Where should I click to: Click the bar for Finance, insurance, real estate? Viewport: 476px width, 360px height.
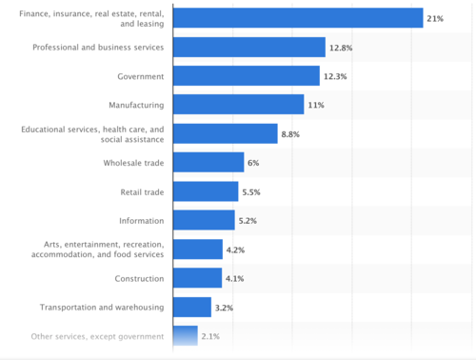coord(298,18)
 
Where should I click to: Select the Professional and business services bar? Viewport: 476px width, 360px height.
coord(249,47)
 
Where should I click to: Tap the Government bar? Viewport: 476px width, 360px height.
coord(247,75)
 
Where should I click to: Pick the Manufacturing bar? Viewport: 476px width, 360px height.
coord(238,104)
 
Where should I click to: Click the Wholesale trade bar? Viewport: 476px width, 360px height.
coord(208,162)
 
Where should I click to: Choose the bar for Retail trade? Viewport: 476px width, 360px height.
coord(206,191)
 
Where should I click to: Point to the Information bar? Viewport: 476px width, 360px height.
coord(204,220)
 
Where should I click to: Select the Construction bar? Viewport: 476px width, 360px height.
coord(197,278)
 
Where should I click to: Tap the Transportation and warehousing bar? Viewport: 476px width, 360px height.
coord(192,307)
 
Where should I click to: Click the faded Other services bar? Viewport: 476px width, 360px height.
coord(186,335)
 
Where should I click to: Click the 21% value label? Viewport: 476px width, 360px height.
coord(435,19)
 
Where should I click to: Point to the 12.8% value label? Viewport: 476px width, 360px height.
coord(341,48)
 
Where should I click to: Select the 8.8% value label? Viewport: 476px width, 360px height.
coord(290,134)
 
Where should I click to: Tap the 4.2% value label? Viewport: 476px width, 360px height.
coord(235,250)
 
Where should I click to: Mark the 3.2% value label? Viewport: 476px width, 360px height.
coord(224,308)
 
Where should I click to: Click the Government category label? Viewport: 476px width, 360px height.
coord(141,76)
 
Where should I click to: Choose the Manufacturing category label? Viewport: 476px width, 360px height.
coord(136,105)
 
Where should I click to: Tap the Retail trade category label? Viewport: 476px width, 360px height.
coord(142,192)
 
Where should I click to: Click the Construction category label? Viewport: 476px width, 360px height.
coord(139,278)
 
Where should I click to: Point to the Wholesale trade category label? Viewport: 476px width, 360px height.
coord(133,163)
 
